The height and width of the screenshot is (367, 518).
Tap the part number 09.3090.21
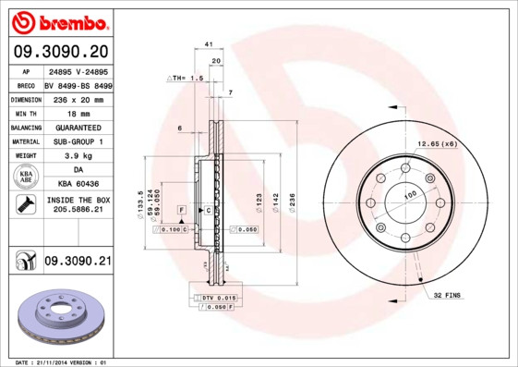click(x=77, y=263)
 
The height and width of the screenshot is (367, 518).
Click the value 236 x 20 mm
click(x=77, y=98)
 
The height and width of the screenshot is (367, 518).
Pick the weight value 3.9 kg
click(x=78, y=156)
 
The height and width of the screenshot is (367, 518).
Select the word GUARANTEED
click(x=78, y=127)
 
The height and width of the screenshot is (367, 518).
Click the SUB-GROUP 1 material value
click(x=78, y=141)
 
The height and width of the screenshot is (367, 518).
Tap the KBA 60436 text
click(x=78, y=185)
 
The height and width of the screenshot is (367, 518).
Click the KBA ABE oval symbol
click(x=25, y=177)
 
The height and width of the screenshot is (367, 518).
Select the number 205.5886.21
click(x=78, y=211)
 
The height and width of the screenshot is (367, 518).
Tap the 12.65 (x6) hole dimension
click(x=437, y=144)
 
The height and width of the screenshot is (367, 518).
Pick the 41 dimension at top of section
click(x=209, y=44)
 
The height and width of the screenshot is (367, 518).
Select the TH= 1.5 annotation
click(x=184, y=79)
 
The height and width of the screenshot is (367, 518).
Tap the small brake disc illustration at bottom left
click(x=61, y=316)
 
